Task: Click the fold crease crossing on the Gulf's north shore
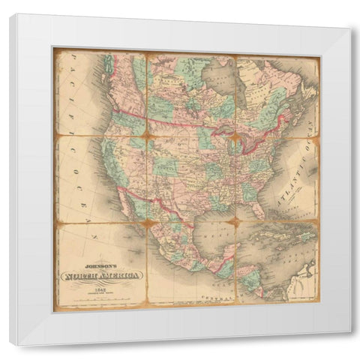(x=235, y=220)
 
